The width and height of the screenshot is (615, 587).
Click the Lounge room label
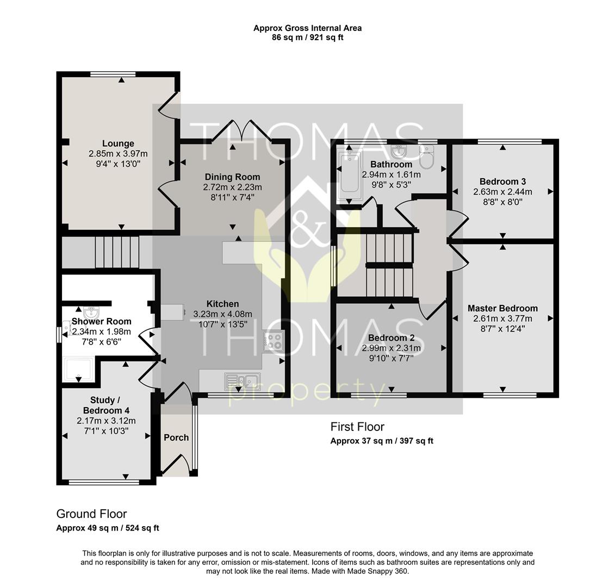coord(118,143)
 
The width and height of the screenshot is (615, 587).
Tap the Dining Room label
coord(232,177)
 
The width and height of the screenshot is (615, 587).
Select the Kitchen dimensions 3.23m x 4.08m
coord(222,314)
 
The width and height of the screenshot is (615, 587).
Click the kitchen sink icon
coord(243,379)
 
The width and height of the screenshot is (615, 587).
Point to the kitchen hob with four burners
coord(273,341)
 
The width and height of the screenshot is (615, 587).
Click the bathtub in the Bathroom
coord(349,174)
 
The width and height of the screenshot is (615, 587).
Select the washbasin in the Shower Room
coord(92,313)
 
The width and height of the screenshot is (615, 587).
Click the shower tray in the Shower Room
coord(79,370)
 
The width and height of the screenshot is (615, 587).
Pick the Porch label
coord(176,438)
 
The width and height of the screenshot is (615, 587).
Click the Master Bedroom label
coord(502,308)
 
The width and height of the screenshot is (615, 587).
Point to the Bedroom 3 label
coord(502,182)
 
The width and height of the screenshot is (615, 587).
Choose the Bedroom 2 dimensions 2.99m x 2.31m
coord(391,348)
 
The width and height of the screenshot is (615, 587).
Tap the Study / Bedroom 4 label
coord(106,405)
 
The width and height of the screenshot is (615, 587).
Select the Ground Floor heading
coord(91,514)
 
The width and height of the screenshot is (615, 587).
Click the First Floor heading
coord(357,427)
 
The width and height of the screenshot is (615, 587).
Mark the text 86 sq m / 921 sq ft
coord(307,38)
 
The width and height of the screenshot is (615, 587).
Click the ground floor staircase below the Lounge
coord(117,252)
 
